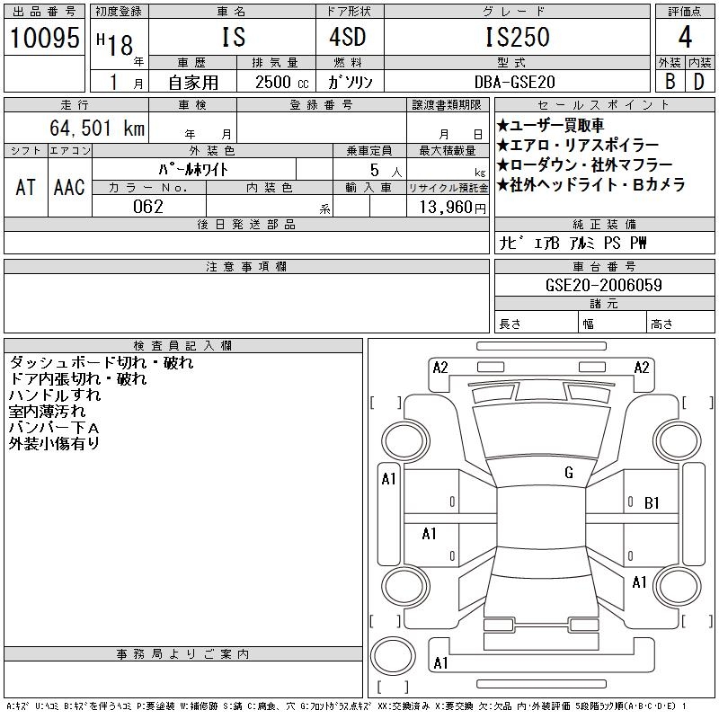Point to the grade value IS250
[518, 38]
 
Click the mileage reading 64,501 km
[95, 128]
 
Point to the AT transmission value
[25, 187]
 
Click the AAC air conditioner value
[69, 187]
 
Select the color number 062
[149, 207]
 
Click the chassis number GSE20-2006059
[604, 285]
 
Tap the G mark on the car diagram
[568, 473]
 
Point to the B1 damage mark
[652, 502]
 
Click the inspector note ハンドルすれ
[55, 395]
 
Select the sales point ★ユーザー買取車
[551, 126]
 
